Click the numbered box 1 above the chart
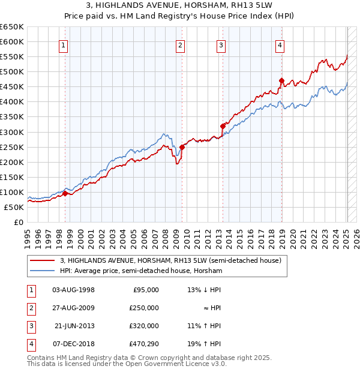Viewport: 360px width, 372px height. (64, 44)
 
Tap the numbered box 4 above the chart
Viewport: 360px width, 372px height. (280, 44)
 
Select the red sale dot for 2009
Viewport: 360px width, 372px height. (182, 147)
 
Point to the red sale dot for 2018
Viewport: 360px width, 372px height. (281, 80)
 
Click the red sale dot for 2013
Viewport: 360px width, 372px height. (223, 126)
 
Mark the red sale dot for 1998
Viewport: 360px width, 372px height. (65, 193)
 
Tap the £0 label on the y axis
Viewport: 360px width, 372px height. (18, 222)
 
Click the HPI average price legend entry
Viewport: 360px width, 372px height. (141, 271)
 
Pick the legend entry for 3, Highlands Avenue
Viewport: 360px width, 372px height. (171, 260)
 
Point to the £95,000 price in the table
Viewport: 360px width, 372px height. (146, 290)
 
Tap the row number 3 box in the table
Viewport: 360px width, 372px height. (29, 326)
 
